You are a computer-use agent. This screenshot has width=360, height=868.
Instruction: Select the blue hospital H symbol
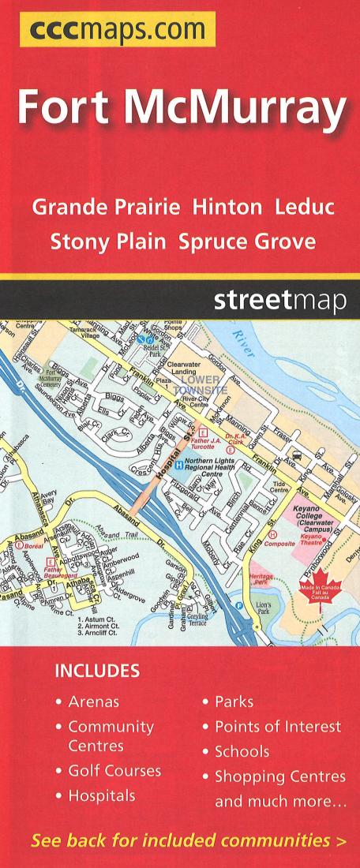click(179, 465)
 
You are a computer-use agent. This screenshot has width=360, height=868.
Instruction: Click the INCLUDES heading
click(96, 672)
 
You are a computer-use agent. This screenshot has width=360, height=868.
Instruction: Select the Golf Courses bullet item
click(114, 771)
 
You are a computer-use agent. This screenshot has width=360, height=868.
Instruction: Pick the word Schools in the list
click(242, 751)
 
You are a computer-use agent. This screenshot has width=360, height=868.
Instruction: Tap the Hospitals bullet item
click(101, 796)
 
